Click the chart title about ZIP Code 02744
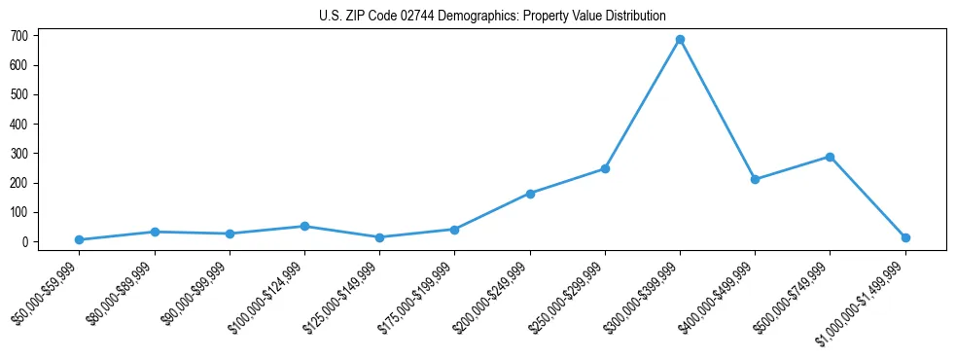(x=491, y=16)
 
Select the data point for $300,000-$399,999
(x=680, y=40)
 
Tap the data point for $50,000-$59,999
(x=79, y=239)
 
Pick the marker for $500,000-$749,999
(x=830, y=157)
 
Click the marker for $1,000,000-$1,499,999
(x=905, y=237)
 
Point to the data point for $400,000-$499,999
(x=755, y=179)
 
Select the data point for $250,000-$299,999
(x=605, y=168)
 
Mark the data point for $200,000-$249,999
(x=530, y=194)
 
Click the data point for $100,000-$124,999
(x=304, y=226)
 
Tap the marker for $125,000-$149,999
(x=379, y=237)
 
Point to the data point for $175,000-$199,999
(x=454, y=230)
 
